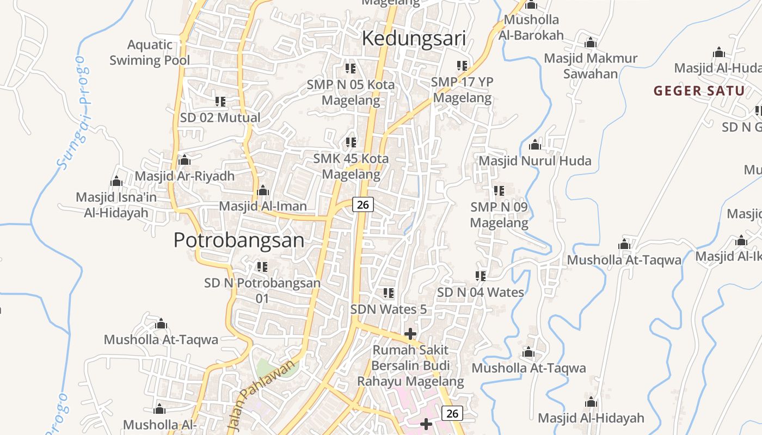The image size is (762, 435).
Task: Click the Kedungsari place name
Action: point(414,39)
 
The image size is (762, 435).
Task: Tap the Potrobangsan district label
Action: point(238,240)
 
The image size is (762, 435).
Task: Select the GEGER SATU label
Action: point(699,91)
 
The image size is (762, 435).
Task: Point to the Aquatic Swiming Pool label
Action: point(150,53)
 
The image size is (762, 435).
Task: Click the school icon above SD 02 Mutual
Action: point(220,102)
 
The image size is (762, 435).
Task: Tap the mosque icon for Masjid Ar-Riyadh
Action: point(185,160)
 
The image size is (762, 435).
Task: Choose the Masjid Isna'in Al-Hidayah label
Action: point(116,204)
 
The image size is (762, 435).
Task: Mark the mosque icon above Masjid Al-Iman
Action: point(263,190)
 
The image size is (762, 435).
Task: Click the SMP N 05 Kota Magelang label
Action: point(351,92)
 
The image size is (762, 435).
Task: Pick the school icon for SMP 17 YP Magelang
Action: point(462,66)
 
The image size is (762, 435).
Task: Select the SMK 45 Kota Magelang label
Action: point(351,166)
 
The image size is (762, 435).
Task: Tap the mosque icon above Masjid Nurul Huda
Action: point(535,145)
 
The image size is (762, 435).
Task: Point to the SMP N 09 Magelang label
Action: point(499,215)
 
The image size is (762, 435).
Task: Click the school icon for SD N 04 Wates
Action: point(481,276)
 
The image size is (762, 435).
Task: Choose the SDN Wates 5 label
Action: point(388,309)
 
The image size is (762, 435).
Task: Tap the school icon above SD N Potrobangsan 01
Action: point(262,267)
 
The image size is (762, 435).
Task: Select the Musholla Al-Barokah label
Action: point(531,27)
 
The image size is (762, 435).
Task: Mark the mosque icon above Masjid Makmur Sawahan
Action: point(591,43)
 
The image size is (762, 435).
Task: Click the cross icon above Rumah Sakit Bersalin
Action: point(410,333)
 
